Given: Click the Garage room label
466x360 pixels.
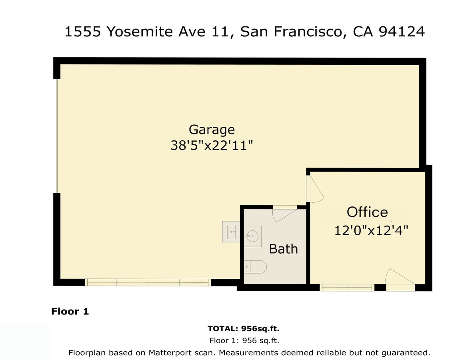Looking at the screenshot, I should click(x=212, y=130).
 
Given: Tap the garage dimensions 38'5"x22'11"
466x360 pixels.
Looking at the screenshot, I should click(x=212, y=145).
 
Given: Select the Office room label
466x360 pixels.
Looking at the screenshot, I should click(x=367, y=212).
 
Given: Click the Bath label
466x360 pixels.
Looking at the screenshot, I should click(x=283, y=249).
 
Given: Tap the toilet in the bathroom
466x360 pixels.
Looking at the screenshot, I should click(x=256, y=266).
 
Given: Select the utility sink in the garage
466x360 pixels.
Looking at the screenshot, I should click(x=231, y=232).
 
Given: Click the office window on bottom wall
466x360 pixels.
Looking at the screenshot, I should click(x=347, y=287).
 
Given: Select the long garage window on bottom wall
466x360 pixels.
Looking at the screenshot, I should click(x=148, y=282).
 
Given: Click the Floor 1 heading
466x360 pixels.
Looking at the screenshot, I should click(x=70, y=311).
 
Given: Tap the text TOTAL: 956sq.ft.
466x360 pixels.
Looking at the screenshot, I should click(x=243, y=329).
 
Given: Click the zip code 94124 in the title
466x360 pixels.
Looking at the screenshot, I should click(x=401, y=32).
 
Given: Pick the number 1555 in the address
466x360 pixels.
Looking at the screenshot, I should click(x=82, y=32).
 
